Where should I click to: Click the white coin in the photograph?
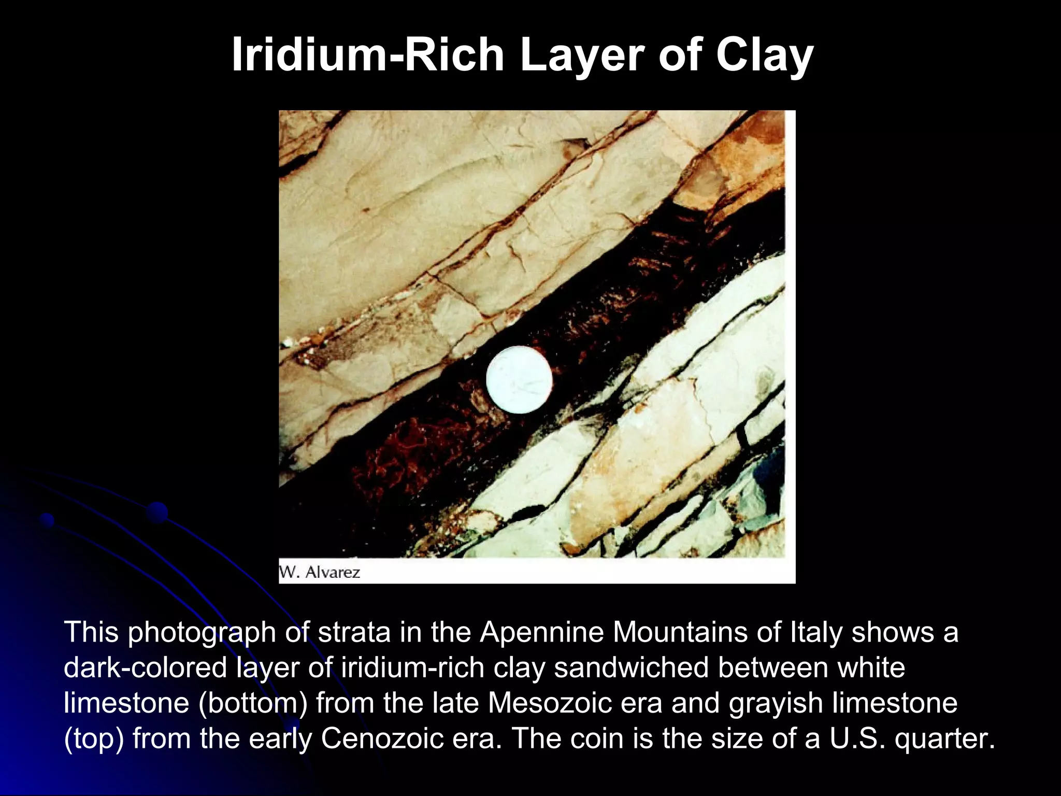(x=519, y=379)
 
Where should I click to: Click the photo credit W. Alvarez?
(x=320, y=572)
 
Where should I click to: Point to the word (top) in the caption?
(x=94, y=738)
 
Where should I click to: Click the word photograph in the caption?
(x=202, y=632)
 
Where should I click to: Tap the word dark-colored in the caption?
(x=146, y=667)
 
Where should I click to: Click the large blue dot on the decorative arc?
(x=157, y=513)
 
